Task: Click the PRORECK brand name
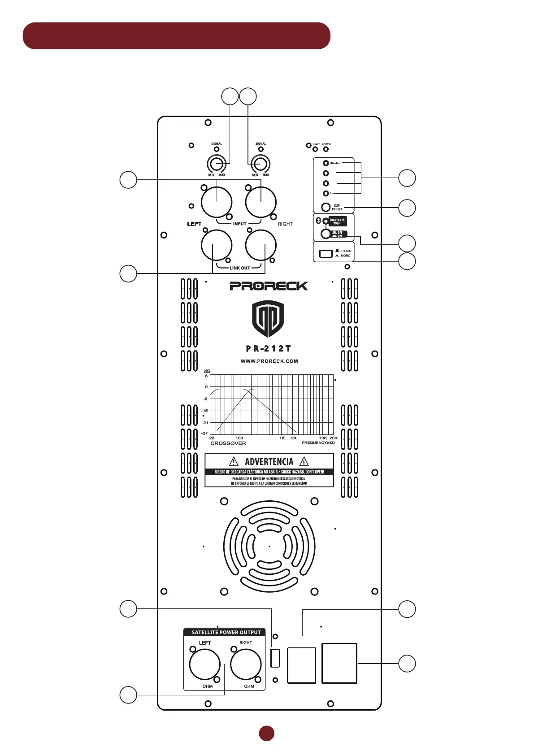[x=269, y=286]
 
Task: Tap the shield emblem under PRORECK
[x=268, y=318]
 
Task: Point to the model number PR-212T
[x=269, y=348]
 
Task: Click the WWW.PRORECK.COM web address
[x=269, y=361]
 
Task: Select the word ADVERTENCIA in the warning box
[x=269, y=461]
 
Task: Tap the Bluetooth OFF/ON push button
[x=326, y=234]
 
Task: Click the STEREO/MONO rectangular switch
[x=326, y=254]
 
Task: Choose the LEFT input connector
[x=217, y=202]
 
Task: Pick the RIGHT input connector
[x=261, y=202]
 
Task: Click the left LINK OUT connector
[x=217, y=245]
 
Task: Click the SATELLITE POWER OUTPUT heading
[x=226, y=632]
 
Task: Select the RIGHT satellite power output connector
[x=246, y=664]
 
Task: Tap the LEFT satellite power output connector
[x=205, y=664]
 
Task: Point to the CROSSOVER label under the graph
[x=228, y=443]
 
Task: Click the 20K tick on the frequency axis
[x=334, y=438]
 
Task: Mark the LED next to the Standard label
[x=326, y=163]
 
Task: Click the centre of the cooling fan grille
[x=269, y=547]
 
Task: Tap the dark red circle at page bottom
[x=267, y=733]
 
